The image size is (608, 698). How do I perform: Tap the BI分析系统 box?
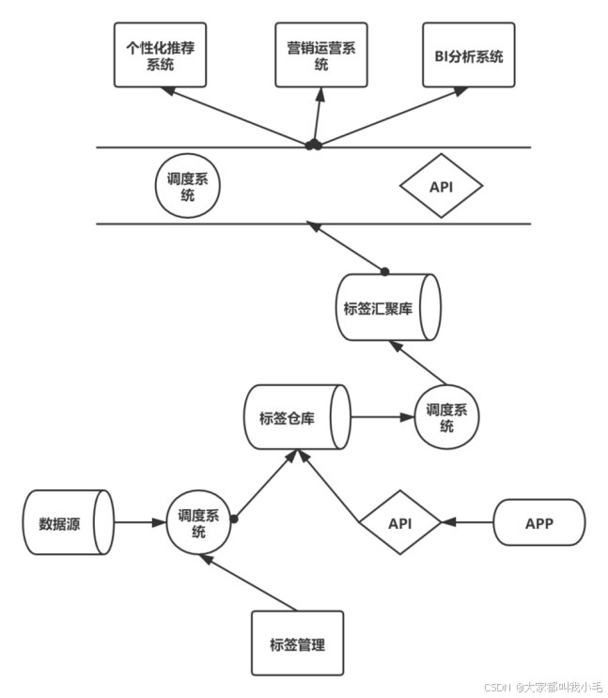tap(468, 55)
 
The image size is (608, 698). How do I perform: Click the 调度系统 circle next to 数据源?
tap(198, 522)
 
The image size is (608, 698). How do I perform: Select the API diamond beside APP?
tap(400, 522)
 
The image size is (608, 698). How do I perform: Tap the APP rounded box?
tap(538, 522)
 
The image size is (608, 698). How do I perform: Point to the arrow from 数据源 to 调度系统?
tap(139, 522)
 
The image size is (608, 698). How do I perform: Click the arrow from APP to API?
tap(468, 522)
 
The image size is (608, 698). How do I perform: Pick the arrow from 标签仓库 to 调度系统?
tap(382, 417)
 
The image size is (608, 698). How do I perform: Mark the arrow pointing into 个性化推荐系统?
tap(235, 117)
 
